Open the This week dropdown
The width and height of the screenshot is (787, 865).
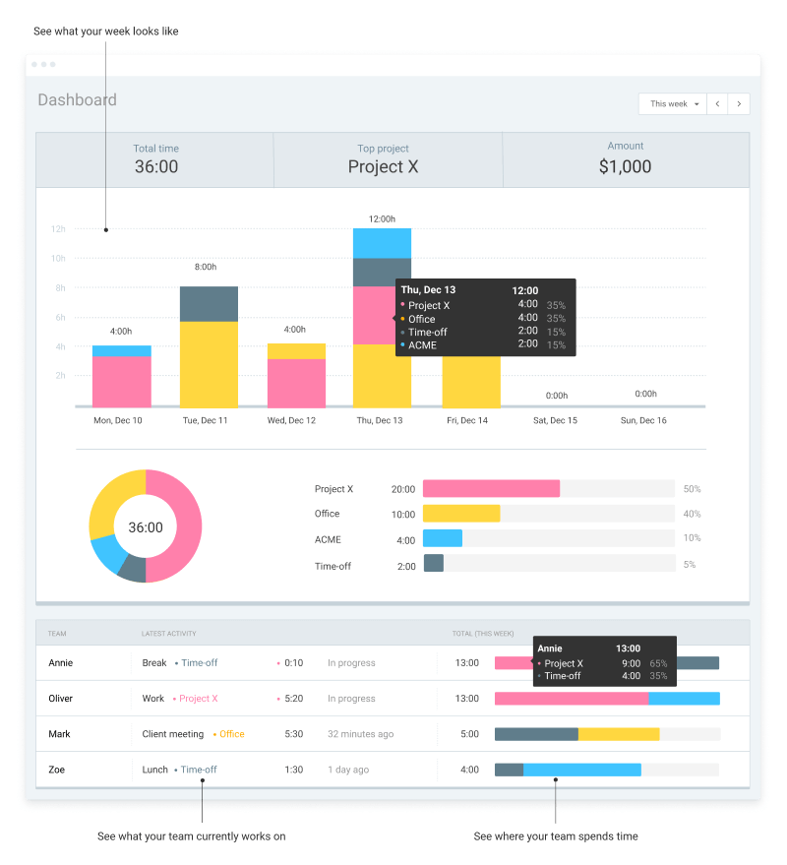click(x=673, y=103)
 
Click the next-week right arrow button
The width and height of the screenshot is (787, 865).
click(x=739, y=103)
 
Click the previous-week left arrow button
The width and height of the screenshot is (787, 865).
click(x=717, y=103)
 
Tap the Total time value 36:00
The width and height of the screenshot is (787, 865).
click(x=156, y=166)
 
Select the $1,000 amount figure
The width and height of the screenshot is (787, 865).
click(x=625, y=166)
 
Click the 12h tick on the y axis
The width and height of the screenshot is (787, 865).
click(x=58, y=229)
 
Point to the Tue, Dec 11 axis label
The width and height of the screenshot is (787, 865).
click(x=205, y=420)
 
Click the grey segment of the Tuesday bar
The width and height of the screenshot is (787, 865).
click(x=209, y=304)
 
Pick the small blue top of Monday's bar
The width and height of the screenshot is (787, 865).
click(x=121, y=350)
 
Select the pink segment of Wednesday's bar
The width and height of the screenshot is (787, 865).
click(x=296, y=383)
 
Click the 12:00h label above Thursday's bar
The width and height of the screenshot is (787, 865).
click(x=382, y=218)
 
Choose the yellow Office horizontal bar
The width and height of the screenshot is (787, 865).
click(x=461, y=514)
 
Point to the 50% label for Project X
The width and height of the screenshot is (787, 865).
click(x=692, y=489)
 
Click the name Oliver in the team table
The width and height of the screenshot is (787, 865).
click(x=62, y=699)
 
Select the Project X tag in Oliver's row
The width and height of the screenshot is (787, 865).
click(x=199, y=699)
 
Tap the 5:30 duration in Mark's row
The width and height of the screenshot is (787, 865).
click(x=293, y=734)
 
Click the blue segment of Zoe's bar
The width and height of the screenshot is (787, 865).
click(x=581, y=770)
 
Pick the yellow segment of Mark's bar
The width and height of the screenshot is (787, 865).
click(x=619, y=734)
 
